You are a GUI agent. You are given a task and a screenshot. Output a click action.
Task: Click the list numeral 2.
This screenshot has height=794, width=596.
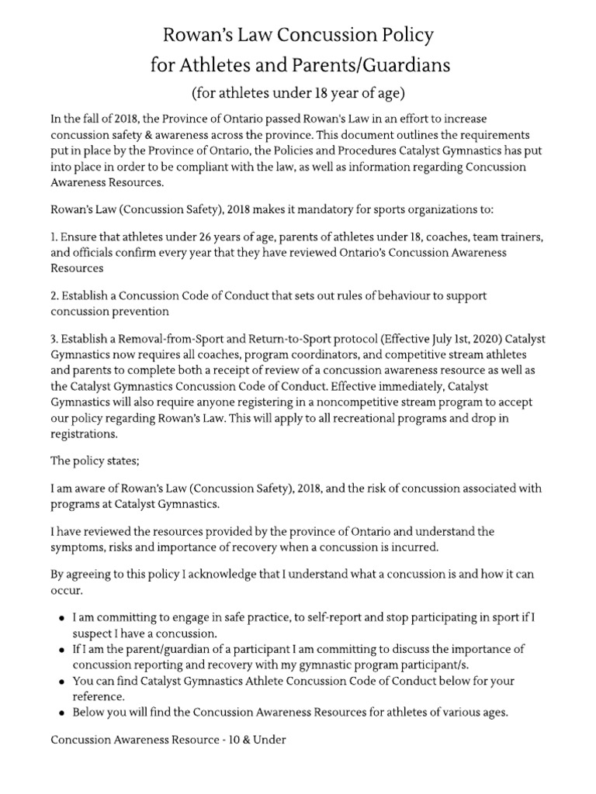pos(54,296)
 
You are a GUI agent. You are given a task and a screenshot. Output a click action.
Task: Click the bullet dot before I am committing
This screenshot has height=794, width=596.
pos(61,619)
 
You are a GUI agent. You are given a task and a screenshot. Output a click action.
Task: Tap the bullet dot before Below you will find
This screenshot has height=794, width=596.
pos(61,712)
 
